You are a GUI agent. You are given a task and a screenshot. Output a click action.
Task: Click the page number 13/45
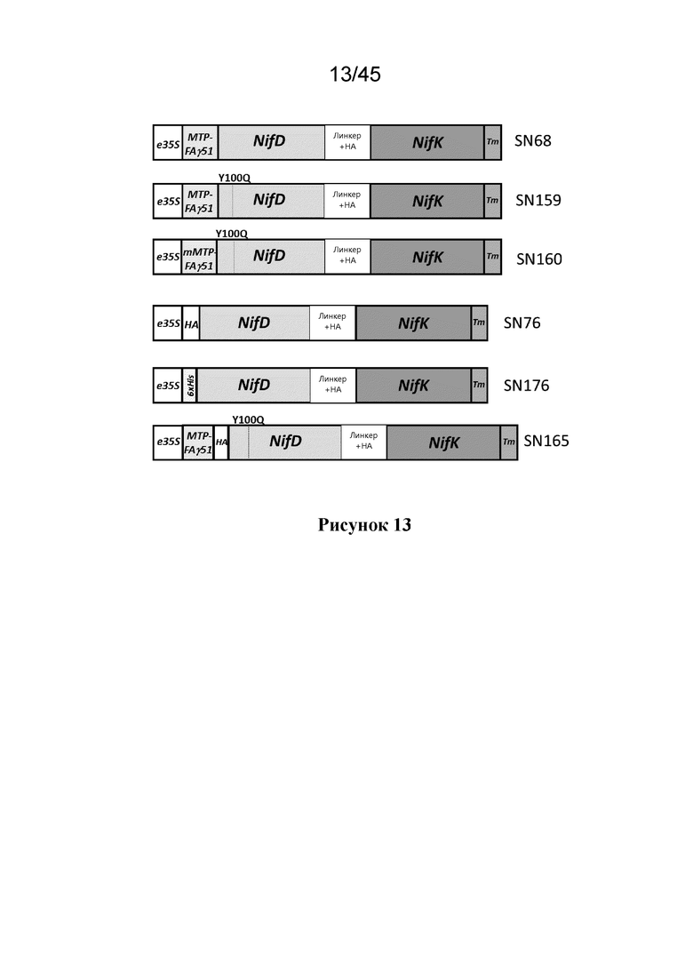point(354,75)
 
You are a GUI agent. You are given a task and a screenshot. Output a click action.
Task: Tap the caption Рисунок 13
point(364,524)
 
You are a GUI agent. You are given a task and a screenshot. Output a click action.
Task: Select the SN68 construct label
point(532,140)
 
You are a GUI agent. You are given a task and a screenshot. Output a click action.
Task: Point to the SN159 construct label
point(538,200)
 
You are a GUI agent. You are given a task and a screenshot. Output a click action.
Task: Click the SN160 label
point(538,259)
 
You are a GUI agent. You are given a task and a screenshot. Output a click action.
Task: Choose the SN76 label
point(522,323)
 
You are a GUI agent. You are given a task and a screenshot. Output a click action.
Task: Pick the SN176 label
point(526,385)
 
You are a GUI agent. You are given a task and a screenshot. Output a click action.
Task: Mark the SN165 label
point(546,441)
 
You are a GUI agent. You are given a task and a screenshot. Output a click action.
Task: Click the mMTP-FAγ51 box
point(199,257)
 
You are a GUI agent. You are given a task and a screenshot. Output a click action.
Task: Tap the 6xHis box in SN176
point(190,386)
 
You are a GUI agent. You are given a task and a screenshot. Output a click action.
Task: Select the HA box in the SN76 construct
point(191,323)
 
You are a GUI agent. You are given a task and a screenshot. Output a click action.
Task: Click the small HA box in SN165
point(221,442)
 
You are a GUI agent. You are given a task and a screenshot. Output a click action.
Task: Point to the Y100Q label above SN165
point(248,420)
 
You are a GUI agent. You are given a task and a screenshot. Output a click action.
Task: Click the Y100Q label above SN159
point(235,178)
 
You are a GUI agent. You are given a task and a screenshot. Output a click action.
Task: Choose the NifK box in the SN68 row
point(427,142)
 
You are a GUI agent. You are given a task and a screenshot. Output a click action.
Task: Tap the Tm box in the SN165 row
point(509,442)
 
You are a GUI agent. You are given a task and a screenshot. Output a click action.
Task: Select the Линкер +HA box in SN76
point(332,323)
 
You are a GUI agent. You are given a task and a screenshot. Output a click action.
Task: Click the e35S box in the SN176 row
point(167,386)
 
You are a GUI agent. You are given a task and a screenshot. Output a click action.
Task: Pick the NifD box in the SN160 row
point(271,257)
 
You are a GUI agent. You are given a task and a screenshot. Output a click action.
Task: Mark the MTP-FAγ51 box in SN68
point(200,142)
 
